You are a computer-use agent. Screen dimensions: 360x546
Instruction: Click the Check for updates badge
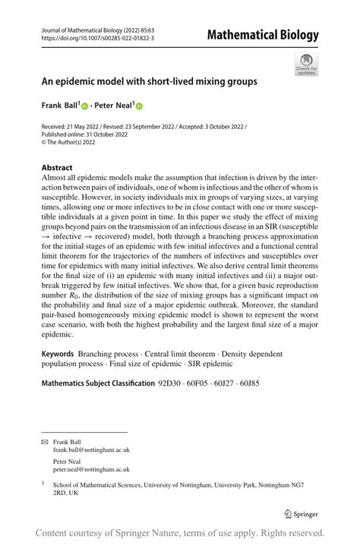point(306,63)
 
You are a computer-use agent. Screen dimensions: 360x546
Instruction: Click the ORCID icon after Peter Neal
point(140,106)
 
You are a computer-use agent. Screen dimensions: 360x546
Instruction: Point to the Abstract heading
point(57,167)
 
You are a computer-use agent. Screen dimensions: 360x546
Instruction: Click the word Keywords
point(57,354)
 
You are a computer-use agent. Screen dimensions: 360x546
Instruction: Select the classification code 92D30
point(172,383)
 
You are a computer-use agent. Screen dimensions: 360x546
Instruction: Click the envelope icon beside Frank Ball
point(43,441)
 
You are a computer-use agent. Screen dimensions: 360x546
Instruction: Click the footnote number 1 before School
point(43,483)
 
